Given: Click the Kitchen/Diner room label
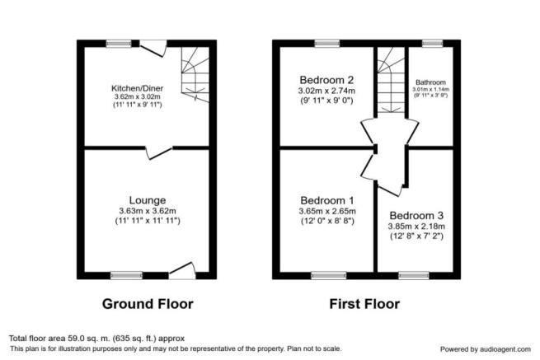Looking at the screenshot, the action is pyautogui.click(x=137, y=88).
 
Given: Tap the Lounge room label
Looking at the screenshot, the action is pyautogui.click(x=148, y=200).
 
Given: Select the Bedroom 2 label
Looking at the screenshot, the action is pyautogui.click(x=326, y=80).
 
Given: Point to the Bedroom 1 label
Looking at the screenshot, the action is pyautogui.click(x=327, y=200).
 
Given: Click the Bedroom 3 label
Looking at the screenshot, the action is pyautogui.click(x=416, y=216).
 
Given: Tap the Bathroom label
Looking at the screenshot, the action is pyautogui.click(x=430, y=82).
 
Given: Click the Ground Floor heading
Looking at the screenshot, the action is pyautogui.click(x=148, y=304).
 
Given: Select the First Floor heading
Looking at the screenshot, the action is pyautogui.click(x=364, y=304).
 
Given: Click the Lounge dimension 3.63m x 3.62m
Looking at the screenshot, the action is pyautogui.click(x=148, y=211).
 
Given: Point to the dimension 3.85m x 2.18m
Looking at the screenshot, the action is pyautogui.click(x=416, y=227).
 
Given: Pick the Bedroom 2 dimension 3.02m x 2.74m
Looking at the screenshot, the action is pyautogui.click(x=326, y=91).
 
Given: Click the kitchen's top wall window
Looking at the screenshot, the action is pyautogui.click(x=119, y=44).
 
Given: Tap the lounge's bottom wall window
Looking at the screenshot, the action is pyautogui.click(x=126, y=275).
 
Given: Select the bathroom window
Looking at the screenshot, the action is pyautogui.click(x=433, y=44).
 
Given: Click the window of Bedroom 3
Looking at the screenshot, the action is pyautogui.click(x=414, y=275).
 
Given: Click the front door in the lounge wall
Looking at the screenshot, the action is pyautogui.click(x=182, y=272).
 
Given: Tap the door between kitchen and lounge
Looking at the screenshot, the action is pyautogui.click(x=158, y=152).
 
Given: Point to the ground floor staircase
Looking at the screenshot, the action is pyautogui.click(x=195, y=74).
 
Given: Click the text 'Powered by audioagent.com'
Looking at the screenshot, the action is pyautogui.click(x=486, y=349).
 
